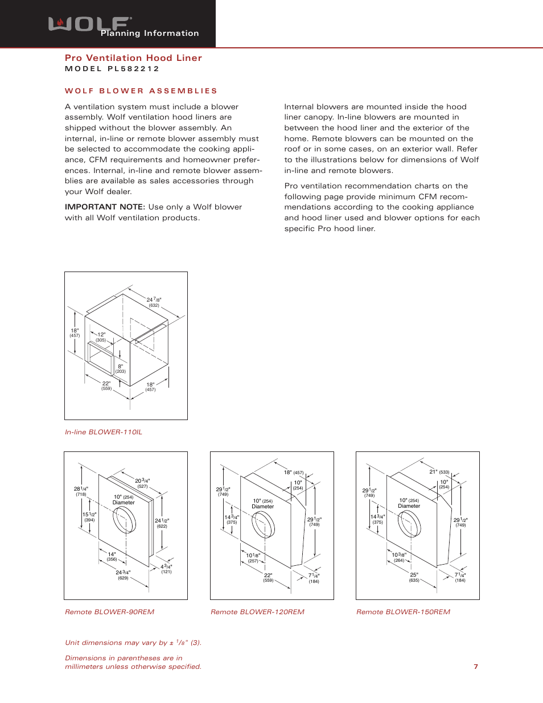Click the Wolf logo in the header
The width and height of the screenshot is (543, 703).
[89, 24]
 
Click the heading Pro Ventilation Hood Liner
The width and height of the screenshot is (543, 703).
[133, 58]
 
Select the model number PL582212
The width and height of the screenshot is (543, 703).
[112, 69]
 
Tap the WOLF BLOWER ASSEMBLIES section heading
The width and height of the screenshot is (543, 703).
[141, 91]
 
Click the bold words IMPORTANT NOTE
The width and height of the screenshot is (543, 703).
[105, 207]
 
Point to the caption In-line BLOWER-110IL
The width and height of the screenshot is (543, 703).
[104, 432]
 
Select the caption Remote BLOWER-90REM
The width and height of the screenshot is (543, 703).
[109, 612]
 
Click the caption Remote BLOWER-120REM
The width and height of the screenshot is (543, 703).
[257, 612]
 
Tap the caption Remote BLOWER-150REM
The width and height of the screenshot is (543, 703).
[403, 612]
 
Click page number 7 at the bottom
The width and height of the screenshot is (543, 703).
[476, 667]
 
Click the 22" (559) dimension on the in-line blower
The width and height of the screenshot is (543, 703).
[106, 385]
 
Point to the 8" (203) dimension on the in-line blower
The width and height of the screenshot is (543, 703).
[121, 369]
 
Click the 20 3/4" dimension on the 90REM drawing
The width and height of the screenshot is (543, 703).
[142, 483]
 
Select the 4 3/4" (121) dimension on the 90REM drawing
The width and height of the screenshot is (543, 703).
[166, 569]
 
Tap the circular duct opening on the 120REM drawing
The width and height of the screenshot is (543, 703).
[263, 524]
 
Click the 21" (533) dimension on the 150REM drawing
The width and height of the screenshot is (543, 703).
[439, 472]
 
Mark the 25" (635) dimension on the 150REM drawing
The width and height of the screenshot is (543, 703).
[414, 577]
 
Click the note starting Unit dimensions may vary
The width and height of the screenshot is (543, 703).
[133, 643]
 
